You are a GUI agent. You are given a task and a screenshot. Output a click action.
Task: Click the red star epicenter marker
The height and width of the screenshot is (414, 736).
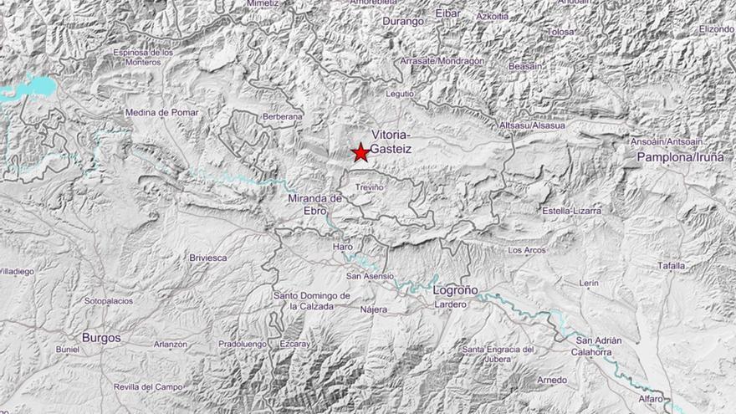coord(360,152)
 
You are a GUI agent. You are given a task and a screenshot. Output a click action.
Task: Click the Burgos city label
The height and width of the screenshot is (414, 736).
coord(101,338)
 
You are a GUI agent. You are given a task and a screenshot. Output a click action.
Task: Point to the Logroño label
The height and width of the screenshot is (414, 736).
coord(456,289)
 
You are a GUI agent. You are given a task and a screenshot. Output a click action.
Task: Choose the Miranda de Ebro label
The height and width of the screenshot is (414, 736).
coord(315,204)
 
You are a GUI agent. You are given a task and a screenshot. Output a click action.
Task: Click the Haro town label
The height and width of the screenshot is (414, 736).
coord(343,248)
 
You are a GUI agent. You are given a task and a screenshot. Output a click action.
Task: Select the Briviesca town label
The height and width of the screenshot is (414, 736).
coord(208,258)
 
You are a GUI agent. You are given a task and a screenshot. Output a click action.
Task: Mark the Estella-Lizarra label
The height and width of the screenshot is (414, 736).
coord(571,211)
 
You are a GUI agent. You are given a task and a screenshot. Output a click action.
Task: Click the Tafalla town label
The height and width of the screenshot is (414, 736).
coord(671,266)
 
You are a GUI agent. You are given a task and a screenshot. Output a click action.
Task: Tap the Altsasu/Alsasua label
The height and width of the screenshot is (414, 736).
coord(531,125)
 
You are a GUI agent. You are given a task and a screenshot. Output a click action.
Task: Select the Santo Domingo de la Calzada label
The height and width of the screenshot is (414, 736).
coord(311,301)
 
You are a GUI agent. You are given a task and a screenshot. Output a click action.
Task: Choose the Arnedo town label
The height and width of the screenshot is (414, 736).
coord(552,380)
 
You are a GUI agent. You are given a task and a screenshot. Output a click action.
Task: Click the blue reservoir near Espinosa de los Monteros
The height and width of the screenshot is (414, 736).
coord(29,86)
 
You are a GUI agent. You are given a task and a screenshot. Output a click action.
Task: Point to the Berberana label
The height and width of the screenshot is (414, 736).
coord(282,116)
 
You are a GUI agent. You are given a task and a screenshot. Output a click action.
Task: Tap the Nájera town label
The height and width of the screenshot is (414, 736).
coord(374,309)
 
